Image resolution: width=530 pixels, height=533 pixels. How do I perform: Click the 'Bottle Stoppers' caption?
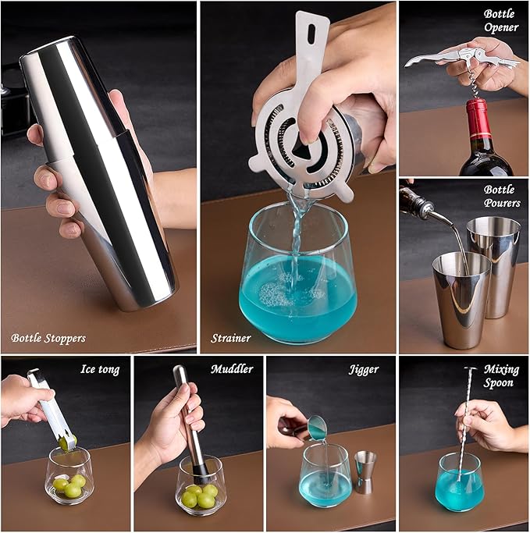[x=48, y=339]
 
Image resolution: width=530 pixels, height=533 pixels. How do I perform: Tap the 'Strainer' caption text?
[x=231, y=339]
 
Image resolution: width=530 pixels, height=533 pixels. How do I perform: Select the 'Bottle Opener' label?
[x=500, y=20]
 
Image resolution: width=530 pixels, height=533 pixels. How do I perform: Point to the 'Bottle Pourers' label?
[x=500, y=197]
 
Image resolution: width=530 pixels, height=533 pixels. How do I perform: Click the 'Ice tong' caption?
[x=100, y=369]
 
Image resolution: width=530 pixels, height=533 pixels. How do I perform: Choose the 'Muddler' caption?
[x=232, y=369]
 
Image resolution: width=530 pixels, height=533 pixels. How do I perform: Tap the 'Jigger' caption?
[x=364, y=369]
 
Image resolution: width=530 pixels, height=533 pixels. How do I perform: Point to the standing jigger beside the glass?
[x=365, y=471]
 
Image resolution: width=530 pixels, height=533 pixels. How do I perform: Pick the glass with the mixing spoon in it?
[x=460, y=481]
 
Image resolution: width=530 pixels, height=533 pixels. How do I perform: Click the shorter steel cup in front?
[x=461, y=297]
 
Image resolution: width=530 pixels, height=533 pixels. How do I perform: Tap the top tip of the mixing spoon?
[x=471, y=369]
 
